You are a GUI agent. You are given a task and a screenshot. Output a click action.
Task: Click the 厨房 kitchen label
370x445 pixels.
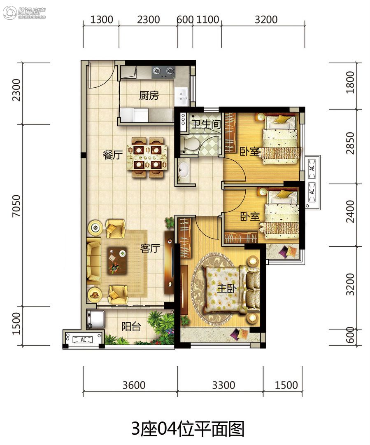point(149,95)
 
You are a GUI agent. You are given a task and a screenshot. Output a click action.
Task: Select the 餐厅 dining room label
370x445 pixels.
point(112,155)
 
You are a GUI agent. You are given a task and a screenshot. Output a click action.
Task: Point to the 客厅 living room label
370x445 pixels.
point(150,248)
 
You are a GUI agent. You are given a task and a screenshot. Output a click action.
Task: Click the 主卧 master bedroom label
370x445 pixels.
point(226,288)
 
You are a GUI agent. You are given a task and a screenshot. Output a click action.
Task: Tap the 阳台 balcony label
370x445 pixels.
point(131,326)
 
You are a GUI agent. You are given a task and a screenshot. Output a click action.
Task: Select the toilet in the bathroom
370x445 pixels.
point(190,144)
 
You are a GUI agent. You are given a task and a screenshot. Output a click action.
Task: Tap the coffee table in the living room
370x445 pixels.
point(117,260)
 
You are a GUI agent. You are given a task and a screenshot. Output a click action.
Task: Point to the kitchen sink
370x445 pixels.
point(181,96)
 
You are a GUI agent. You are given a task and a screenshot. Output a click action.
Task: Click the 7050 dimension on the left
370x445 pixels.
point(16,206)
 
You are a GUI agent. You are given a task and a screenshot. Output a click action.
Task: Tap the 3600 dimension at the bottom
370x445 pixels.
point(134,385)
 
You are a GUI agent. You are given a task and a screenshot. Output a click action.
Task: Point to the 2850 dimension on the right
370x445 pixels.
point(350,143)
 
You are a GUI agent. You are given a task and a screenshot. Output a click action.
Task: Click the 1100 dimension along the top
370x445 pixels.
point(207,20)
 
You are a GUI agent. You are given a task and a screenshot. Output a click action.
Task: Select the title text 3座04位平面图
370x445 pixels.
point(188,429)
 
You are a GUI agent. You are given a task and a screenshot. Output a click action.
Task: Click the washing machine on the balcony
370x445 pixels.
point(95,319)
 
